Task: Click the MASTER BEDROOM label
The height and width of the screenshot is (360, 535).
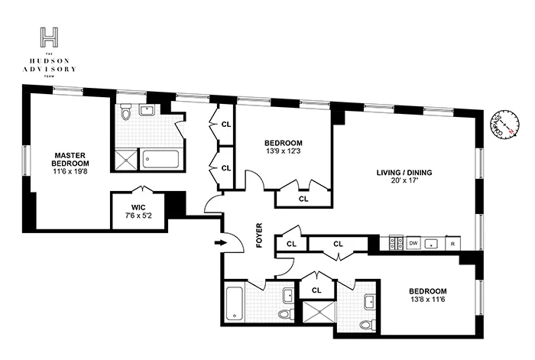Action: click(70, 158)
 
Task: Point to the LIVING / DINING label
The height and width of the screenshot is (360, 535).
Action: click(404, 173)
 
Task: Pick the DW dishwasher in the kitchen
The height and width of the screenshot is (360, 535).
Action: click(413, 243)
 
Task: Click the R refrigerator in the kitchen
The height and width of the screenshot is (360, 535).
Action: click(452, 243)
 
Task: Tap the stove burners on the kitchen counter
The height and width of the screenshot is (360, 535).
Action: click(396, 243)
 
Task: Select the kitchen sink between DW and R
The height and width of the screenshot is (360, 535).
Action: click(433, 243)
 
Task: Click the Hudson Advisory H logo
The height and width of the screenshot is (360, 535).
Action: click(50, 37)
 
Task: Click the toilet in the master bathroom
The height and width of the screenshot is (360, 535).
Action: click(128, 112)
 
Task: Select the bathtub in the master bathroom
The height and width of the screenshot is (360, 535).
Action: click(160, 159)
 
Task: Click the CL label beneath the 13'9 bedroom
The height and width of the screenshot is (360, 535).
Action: click(303, 199)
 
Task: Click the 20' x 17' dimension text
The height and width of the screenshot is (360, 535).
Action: click(404, 183)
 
